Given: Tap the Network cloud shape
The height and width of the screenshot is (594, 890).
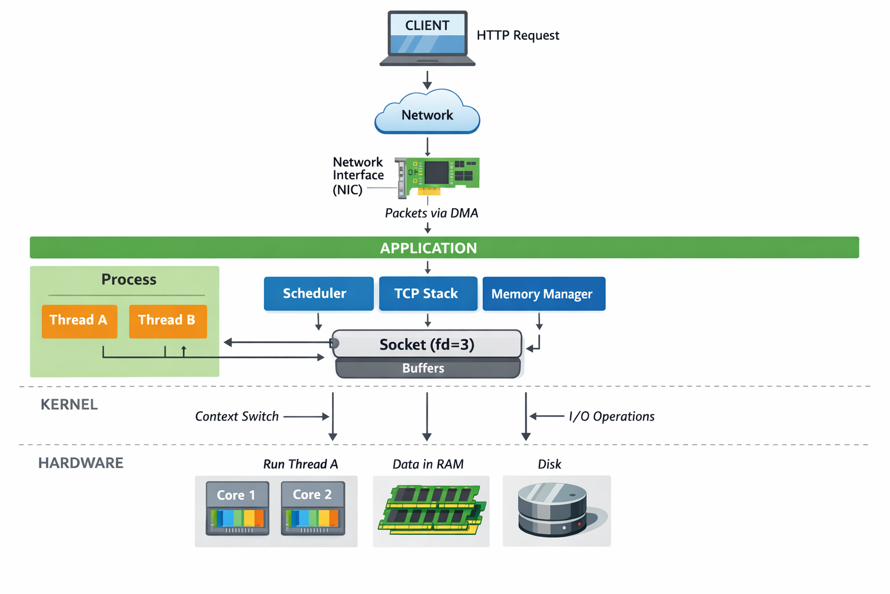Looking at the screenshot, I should click(428, 114).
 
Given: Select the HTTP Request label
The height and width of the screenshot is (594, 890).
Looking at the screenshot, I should click(517, 35).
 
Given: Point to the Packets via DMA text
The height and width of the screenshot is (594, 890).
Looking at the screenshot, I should click(431, 213).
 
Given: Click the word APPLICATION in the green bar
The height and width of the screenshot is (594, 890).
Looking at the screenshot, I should click(428, 248).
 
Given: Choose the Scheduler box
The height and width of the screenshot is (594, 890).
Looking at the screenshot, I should click(318, 294).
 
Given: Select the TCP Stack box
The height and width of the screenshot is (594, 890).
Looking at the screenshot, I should click(428, 294).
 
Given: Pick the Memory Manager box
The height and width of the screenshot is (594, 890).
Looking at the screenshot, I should click(544, 294).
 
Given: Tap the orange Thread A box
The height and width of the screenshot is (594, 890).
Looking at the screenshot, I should click(79, 321).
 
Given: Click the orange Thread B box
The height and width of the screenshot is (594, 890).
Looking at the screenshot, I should click(167, 321).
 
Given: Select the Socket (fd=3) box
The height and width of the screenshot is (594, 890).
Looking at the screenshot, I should click(427, 345).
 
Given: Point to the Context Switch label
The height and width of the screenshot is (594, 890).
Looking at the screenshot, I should click(236, 416).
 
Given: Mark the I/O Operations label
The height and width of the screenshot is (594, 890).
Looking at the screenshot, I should click(611, 416).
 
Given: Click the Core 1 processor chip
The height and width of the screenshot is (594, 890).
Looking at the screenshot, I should click(237, 508).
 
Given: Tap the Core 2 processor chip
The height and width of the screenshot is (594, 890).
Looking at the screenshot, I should click(313, 508).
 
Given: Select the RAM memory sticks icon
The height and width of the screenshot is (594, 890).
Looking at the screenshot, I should click(431, 509).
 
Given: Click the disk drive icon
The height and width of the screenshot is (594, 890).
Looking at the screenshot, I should click(553, 510).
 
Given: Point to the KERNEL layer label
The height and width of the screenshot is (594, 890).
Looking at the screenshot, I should click(69, 405).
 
